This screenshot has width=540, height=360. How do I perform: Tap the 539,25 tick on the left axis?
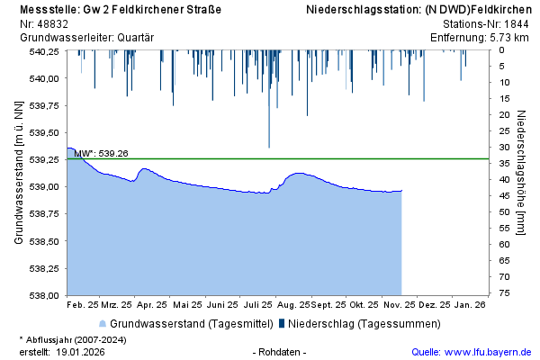coord(45,159)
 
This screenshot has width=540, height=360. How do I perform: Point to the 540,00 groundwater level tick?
coord(45,78)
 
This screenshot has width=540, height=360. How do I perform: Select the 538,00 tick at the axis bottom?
coord(45,295)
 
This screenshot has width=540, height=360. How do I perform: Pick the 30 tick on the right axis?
coord(506,148)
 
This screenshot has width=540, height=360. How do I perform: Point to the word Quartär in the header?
coord(135,38)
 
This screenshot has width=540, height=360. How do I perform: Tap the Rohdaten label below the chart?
coord(280,352)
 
